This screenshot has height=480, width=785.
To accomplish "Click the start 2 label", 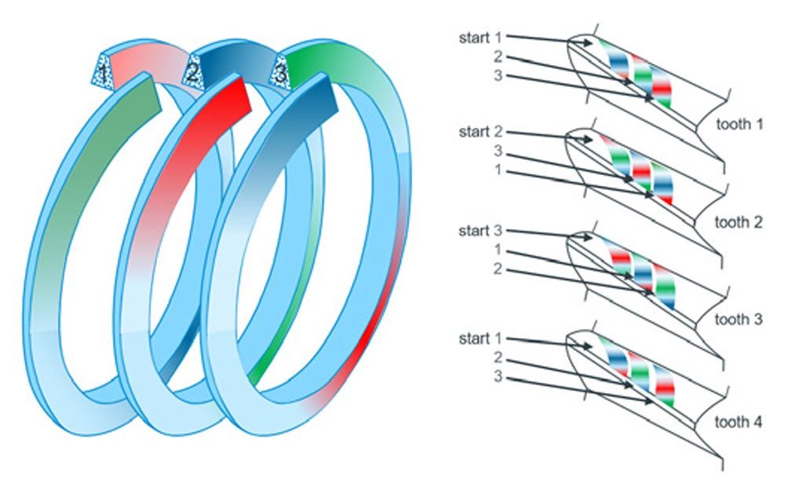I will (478, 131).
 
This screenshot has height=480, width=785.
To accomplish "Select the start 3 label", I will (478, 231).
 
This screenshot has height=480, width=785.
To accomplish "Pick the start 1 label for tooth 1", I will (478, 38).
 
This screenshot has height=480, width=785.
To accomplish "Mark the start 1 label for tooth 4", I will (478, 339).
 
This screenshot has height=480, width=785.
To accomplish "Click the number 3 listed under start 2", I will (498, 151).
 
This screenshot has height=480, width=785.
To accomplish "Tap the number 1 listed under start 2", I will (498, 170).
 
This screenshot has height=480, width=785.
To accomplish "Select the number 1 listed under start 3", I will (498, 250).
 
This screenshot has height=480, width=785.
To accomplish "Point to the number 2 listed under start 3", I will (498, 270).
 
